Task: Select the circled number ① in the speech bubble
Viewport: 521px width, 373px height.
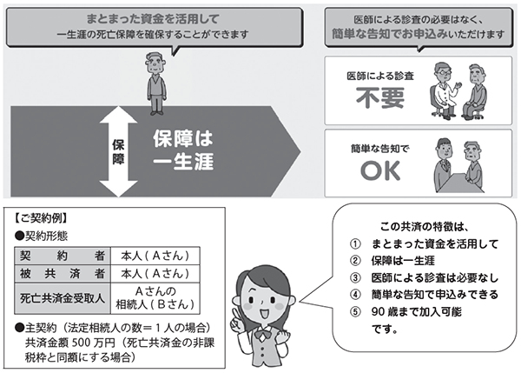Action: pos(353,243)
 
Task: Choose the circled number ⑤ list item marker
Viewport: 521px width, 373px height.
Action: pos(353,311)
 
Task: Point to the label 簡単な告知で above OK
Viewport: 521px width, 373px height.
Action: pos(373,148)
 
